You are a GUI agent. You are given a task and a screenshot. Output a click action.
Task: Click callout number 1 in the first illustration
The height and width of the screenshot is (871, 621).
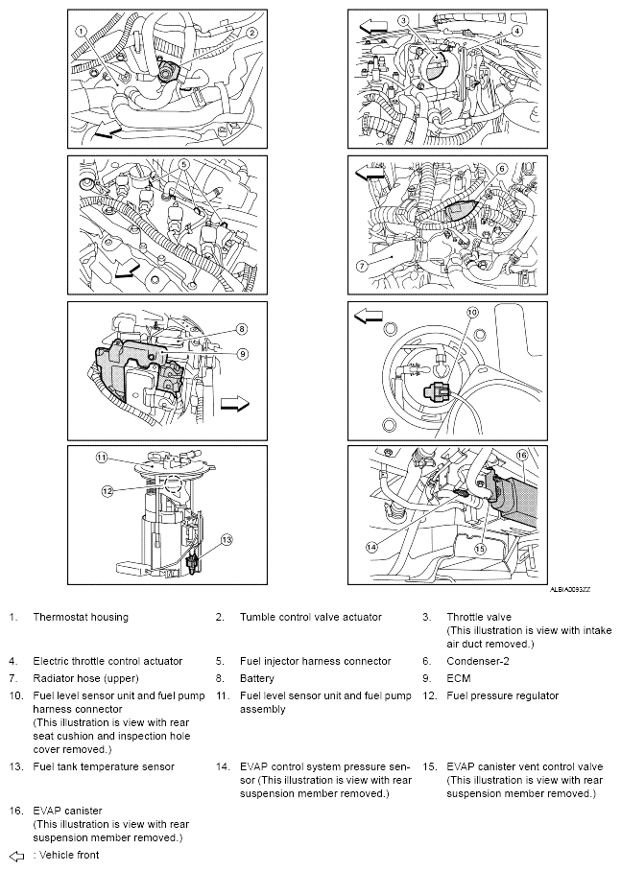click(x=83, y=31)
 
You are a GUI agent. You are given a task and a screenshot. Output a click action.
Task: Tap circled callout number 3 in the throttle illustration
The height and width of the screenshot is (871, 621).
click(x=403, y=20)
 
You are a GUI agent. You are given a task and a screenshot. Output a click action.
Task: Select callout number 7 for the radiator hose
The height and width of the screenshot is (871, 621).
click(x=362, y=265)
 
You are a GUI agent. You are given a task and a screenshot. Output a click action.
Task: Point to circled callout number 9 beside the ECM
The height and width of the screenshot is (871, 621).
click(x=244, y=353)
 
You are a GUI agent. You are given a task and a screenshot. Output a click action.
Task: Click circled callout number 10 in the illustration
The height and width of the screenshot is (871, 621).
click(x=471, y=313)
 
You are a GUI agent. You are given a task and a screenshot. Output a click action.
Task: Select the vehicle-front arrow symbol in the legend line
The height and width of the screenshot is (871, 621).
click(x=15, y=855)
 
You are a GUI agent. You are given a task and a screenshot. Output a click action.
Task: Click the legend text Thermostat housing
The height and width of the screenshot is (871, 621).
click(x=81, y=617)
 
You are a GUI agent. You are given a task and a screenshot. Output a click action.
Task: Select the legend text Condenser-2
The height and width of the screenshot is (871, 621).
click(x=480, y=661)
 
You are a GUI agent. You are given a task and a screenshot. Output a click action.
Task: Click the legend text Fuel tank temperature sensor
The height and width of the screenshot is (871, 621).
click(x=104, y=766)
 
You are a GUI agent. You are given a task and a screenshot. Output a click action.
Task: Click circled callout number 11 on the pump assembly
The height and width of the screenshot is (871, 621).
click(x=100, y=458)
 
